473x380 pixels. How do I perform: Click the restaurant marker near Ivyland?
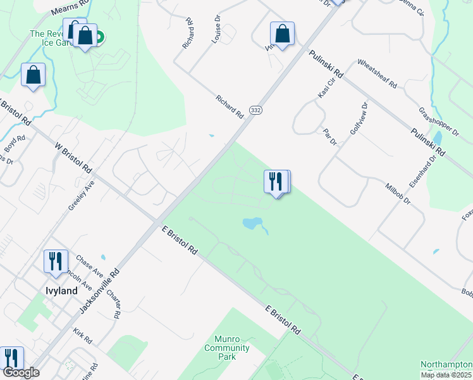[x=55, y=261]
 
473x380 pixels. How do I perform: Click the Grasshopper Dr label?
[x=438, y=122]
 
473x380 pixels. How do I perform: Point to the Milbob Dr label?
[x=398, y=193]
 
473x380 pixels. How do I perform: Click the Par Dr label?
[x=330, y=137]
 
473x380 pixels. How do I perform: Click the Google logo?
[x=21, y=372]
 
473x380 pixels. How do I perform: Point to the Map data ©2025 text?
[x=446, y=375]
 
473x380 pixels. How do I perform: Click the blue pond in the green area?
[x=253, y=224]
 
